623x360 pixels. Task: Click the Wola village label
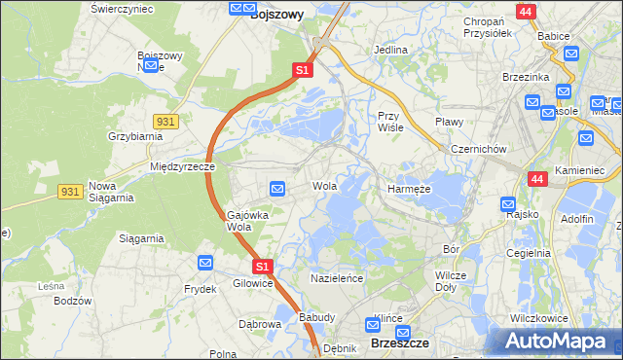click(324, 186)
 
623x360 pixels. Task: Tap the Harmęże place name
click(410, 189)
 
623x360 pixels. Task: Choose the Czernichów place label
click(478, 149)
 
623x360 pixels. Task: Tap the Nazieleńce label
click(337, 278)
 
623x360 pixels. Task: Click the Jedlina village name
click(390, 49)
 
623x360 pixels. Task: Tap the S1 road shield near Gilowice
click(261, 266)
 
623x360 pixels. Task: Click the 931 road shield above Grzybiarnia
click(165, 120)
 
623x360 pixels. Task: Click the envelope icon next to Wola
click(277, 188)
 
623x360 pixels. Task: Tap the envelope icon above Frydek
click(205, 263)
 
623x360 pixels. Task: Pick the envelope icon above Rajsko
click(508, 204)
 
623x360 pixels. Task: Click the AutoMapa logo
click(559, 341)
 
